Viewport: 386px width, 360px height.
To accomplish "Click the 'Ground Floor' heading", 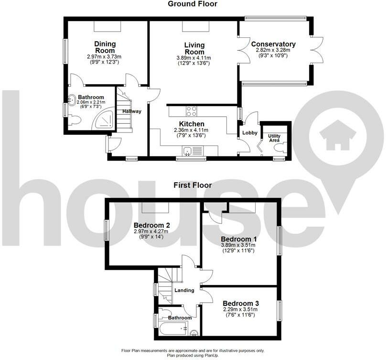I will [193, 4].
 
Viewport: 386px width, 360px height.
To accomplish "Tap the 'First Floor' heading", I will [193, 185].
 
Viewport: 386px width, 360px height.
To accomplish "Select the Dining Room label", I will [105, 47].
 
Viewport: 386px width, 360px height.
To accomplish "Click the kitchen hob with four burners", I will [192, 111].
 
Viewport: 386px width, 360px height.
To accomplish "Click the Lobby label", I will [249, 133].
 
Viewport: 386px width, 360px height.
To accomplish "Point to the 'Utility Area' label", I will [274, 138].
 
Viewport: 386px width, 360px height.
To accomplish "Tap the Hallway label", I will [132, 111].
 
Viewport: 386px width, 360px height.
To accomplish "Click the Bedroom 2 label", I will [152, 225].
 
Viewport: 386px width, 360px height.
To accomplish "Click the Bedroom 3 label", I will [240, 304].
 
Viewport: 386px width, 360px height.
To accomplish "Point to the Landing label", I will [184, 290].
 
